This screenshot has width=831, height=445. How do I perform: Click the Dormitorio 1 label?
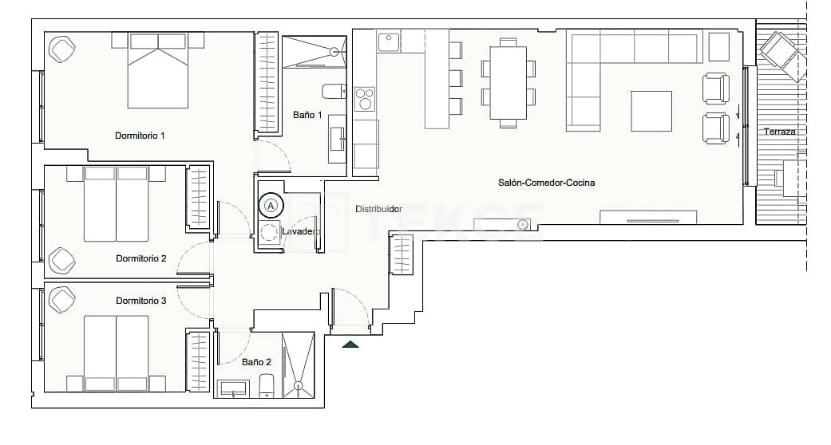coord(140,136)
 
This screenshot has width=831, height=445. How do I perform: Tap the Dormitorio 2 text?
coord(140,258)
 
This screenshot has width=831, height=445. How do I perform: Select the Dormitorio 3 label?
coord(140,301)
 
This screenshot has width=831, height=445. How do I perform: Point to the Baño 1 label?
coord(307,116)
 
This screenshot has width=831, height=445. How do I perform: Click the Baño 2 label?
coord(256,362)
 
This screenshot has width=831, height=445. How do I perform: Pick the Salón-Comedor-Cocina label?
coord(546,183)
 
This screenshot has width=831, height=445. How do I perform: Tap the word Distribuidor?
coord(378,209)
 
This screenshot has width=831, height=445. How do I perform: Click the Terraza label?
coord(779,132)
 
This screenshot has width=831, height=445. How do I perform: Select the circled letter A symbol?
coord(271,206)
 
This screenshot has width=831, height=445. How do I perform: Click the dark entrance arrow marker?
coord(350,344)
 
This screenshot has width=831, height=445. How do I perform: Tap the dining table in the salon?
coord(508,82)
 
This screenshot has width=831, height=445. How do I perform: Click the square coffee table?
coord(651,111)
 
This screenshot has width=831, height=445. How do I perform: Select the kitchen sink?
coord(389,41)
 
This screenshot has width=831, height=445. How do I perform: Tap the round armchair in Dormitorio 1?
coord(62,50)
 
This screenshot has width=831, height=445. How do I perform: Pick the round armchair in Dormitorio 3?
coord(62,300)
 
